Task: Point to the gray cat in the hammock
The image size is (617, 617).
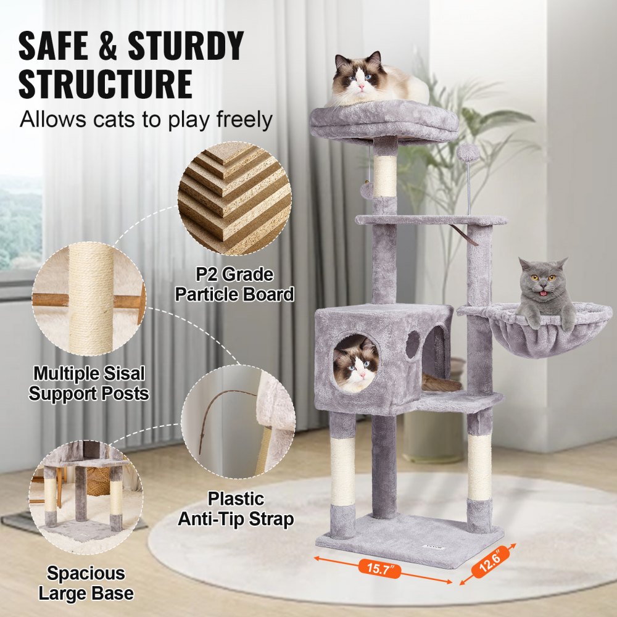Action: coord(545,293)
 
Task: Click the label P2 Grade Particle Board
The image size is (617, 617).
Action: coord(234,284)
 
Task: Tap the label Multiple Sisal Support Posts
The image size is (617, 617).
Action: coord(89,383)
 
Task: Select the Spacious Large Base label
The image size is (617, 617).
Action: coord(86,582)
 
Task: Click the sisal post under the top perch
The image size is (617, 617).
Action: coord(386,176)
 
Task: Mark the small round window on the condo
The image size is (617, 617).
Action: coord(412,344)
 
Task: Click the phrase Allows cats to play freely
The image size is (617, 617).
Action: coord(146,119)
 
